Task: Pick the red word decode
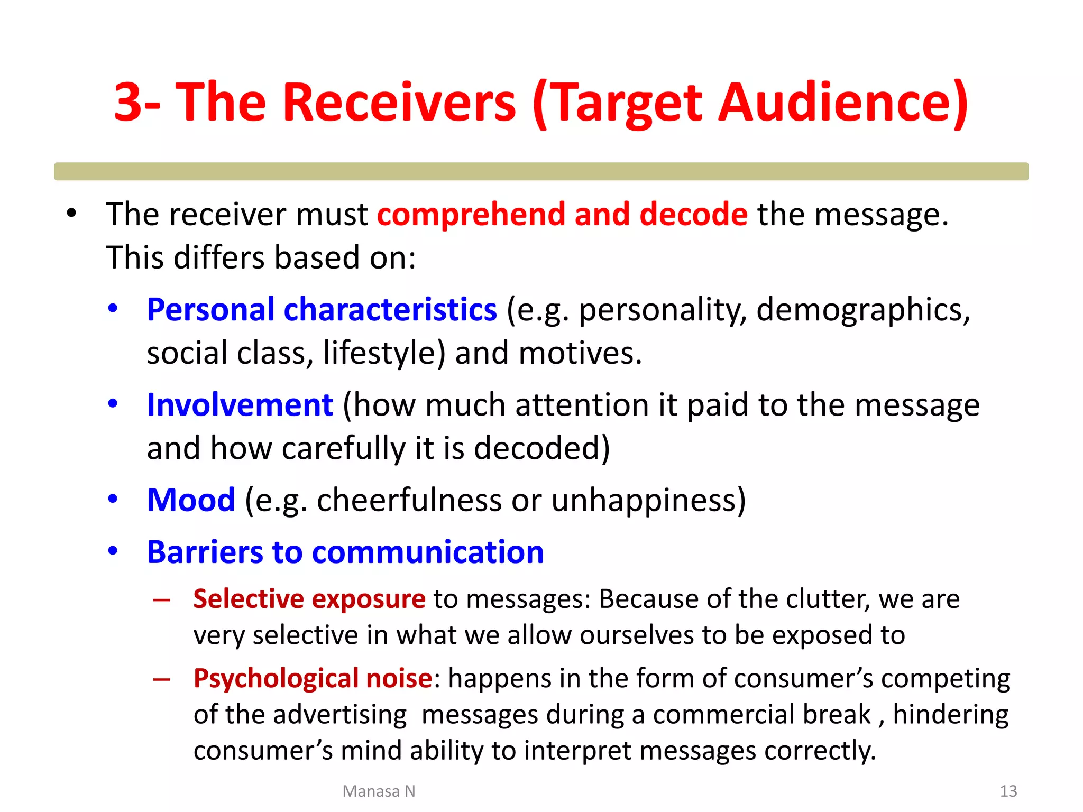pos(693,215)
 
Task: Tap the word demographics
pos(862,310)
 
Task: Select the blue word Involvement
pos(240,405)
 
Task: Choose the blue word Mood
pos(191,500)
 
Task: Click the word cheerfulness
pos(409,500)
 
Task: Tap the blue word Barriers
pos(204,552)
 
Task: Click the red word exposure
pos(368,599)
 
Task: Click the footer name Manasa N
pos(379,791)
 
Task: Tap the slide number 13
pos(1008,791)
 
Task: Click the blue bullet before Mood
pos(113,499)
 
